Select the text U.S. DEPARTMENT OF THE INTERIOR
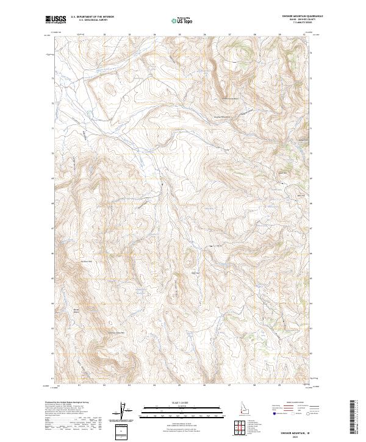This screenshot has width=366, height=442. tap(92, 17)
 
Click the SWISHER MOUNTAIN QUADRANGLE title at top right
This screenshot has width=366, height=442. tap(298, 16)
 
